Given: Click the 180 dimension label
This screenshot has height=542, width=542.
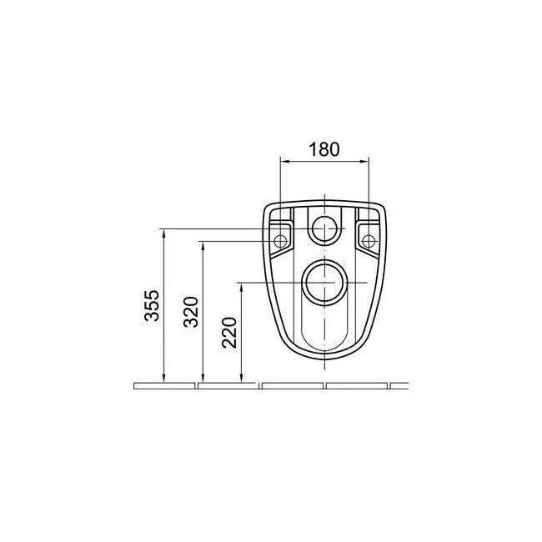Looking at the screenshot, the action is tap(324, 149).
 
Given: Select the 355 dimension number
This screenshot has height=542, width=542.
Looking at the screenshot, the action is tap(152, 305).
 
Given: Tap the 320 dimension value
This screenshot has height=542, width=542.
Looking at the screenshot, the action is tap(191, 312).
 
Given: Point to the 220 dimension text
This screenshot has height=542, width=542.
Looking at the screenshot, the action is tap(229, 333).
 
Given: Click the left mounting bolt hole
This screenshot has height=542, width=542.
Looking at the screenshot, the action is tap(280, 241).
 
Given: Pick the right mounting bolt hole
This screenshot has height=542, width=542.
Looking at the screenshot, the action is tap(369, 241).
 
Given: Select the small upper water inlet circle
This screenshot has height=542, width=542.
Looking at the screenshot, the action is tap(324, 228).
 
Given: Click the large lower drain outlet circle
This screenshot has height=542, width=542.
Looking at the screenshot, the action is tap(324, 283).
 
